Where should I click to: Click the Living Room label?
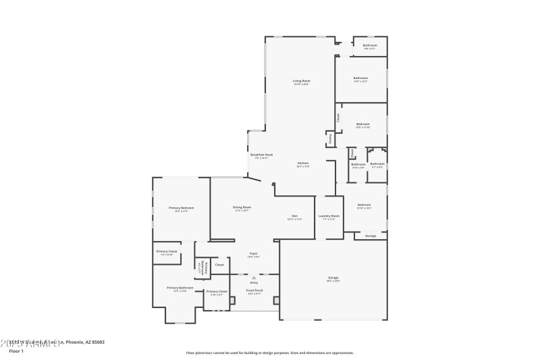point(301,81)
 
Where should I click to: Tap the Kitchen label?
point(303,163)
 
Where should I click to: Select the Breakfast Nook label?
point(261,155)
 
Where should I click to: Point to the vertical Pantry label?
point(330,139)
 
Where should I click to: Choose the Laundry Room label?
point(330,215)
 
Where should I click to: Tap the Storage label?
point(370,236)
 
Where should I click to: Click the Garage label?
point(333,278)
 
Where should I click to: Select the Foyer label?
point(252,254)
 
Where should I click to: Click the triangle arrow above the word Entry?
point(254,277)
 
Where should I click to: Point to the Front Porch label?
point(254,291)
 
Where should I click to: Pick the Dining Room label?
point(242,207)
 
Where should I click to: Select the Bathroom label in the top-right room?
point(370,45)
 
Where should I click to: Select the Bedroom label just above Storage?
point(363,205)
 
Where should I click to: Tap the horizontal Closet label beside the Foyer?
point(219,265)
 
